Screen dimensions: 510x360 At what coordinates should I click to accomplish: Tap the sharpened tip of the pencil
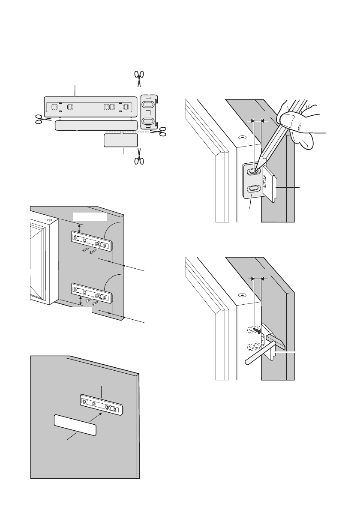pyautogui.click(x=257, y=170)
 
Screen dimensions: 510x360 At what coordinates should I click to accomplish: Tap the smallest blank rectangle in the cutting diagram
pyautogui.click(x=121, y=140)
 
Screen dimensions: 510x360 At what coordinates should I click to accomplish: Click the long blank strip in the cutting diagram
pyautogui.click(x=96, y=125)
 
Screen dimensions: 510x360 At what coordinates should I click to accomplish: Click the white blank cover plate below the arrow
pyautogui.click(x=75, y=425)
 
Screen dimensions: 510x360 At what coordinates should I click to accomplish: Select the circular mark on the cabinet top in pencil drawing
pyautogui.click(x=242, y=138)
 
